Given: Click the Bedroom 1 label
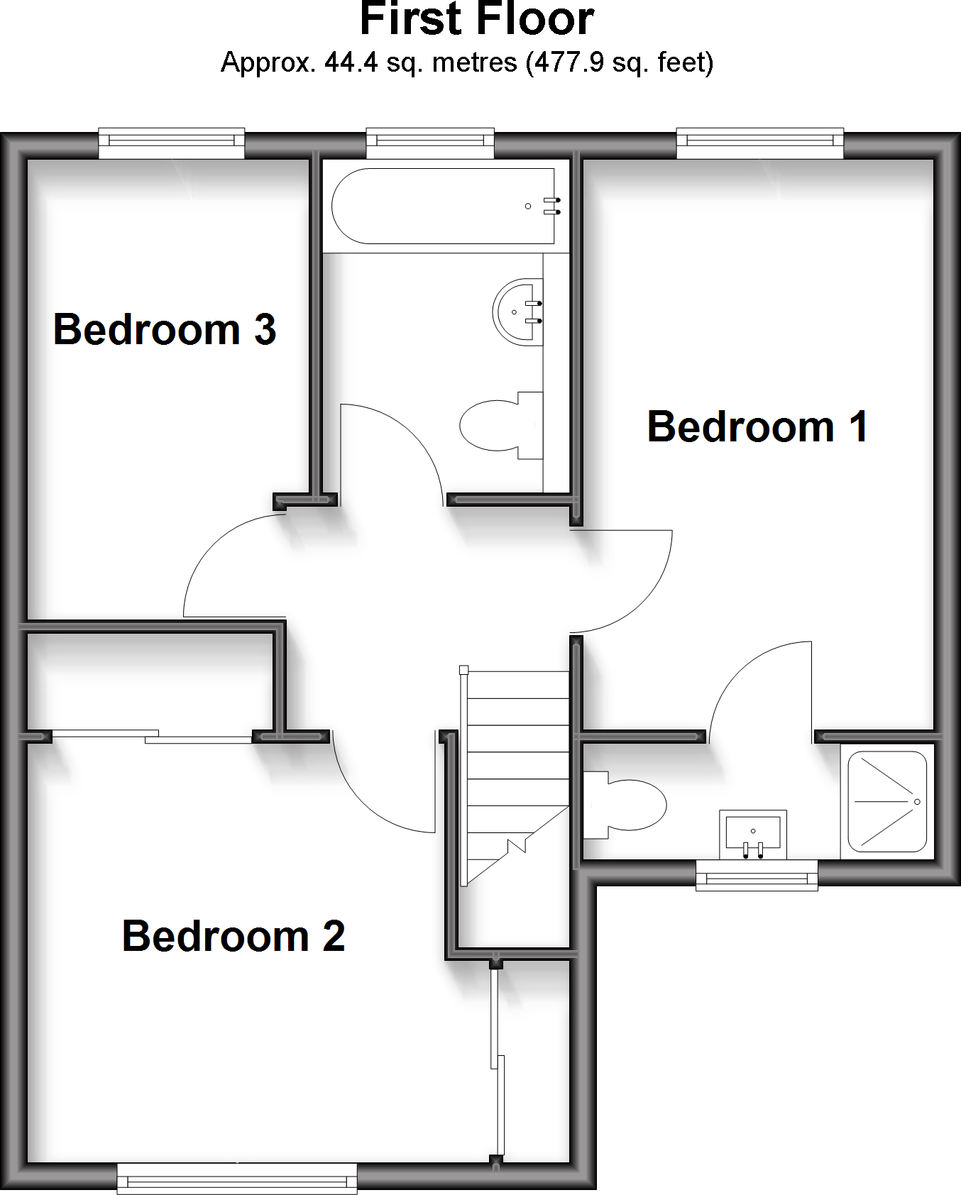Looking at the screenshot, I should click(757, 426).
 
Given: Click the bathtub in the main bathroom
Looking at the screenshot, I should click(443, 206).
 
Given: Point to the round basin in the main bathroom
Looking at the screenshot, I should click(519, 312).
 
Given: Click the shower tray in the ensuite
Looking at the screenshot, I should click(887, 802).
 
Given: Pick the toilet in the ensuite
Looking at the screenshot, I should click(628, 805).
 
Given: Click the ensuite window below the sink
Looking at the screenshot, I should click(757, 876).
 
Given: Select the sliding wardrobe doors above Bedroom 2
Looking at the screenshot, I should click(152, 736).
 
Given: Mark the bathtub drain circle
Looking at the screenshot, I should click(528, 206).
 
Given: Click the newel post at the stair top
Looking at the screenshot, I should click(463, 669).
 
